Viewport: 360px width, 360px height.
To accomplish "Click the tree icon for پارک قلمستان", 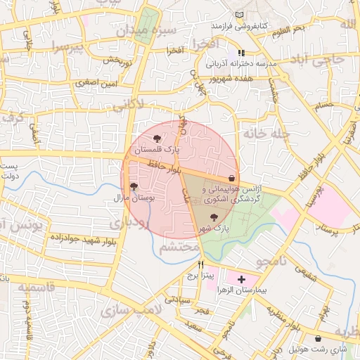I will point(157,138).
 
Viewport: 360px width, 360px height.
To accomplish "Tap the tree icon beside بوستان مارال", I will point(134,186).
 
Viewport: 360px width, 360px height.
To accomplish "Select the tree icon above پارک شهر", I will point(214,217).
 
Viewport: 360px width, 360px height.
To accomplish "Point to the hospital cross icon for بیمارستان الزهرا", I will point(242,279).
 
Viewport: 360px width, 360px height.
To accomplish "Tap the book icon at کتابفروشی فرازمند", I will point(240,15).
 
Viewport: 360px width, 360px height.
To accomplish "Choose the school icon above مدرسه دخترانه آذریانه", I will point(241,53).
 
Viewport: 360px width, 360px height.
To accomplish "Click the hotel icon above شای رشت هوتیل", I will point(318,338).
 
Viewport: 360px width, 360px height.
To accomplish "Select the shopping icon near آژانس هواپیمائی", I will point(232,178).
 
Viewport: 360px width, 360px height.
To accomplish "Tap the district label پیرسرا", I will point(67,48).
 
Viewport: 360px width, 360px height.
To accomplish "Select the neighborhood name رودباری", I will point(129,223).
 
